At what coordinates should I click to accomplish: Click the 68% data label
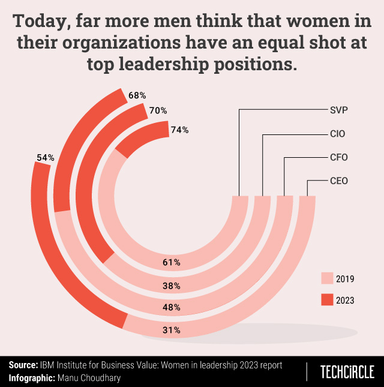137,95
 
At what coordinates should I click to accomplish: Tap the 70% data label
158,110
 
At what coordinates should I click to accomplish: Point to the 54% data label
46,158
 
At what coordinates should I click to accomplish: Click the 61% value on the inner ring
172,262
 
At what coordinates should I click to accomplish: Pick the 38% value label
172,286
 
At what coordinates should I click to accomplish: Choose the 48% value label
172,308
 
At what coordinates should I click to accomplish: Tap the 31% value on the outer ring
172,329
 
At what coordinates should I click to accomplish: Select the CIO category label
338,134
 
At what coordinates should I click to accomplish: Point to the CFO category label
338,157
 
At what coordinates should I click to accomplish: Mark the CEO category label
338,180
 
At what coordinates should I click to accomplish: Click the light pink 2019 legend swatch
326,278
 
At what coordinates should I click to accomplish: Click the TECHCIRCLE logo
347,371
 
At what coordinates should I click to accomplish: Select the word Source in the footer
23,365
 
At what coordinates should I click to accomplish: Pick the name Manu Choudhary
89,378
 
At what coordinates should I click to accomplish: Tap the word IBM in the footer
49,365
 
